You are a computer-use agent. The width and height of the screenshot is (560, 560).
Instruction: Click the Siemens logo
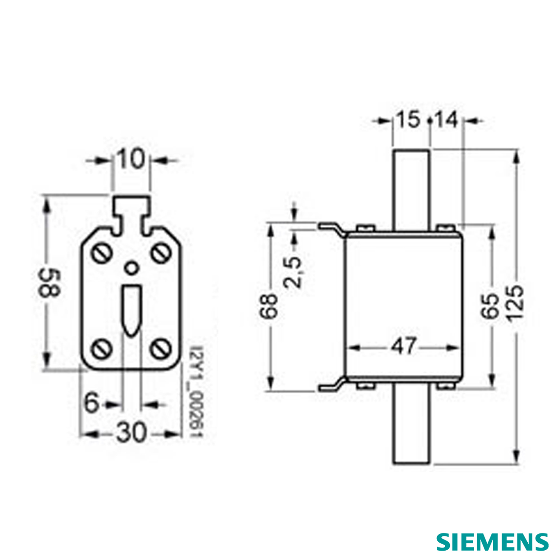[x=492, y=541]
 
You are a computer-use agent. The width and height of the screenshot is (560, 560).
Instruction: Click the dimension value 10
[x=131, y=160]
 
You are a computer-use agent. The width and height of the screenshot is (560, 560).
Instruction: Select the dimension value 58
[x=49, y=283]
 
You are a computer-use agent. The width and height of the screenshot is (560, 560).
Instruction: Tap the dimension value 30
[x=131, y=433]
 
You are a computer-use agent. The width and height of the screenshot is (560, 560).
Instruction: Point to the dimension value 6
[x=92, y=403]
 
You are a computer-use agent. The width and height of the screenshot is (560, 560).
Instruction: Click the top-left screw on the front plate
[x=102, y=254]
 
